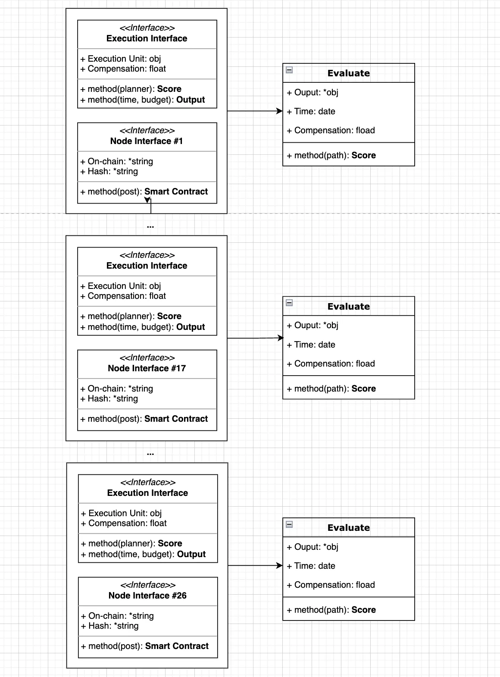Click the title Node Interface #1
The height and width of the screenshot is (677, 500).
[x=147, y=141]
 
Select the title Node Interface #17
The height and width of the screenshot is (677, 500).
[x=147, y=368]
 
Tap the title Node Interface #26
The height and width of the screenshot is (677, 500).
[x=147, y=595]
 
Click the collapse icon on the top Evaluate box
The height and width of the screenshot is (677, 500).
[x=289, y=70]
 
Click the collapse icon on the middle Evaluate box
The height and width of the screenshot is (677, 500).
[x=289, y=303]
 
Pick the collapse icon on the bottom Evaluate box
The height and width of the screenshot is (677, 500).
[x=289, y=524]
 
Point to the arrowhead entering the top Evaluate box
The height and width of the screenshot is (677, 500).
[x=279, y=111]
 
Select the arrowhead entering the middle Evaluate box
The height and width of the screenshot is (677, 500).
[x=281, y=338]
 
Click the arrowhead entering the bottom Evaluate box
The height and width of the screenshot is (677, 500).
[x=279, y=565]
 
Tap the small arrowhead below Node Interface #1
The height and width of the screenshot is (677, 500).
[x=147, y=200]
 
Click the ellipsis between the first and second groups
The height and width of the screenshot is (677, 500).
[x=150, y=227]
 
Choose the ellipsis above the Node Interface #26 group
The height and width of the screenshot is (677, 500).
[x=150, y=454]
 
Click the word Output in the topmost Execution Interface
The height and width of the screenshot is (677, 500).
[x=191, y=100]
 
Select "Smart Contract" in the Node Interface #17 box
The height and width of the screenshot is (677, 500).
[x=176, y=418]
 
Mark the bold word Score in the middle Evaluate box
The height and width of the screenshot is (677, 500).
[x=363, y=388]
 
